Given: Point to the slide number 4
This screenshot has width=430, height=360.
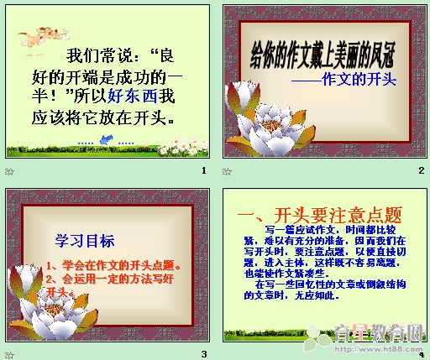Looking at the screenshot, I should [421, 354].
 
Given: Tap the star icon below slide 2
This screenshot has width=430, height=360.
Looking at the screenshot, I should [227, 171].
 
